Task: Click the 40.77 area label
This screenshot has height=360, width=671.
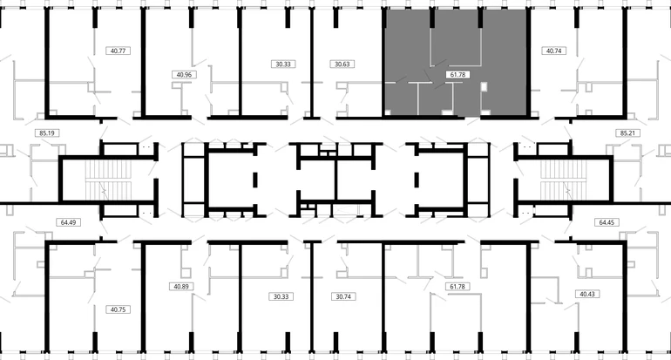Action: [119, 51]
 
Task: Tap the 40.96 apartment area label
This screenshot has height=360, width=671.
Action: [184, 74]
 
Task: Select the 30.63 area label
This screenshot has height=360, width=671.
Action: [342, 65]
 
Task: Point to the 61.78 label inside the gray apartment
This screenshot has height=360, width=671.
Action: [457, 74]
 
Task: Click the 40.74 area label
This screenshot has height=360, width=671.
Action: [553, 51]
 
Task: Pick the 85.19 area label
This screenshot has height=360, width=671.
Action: [47, 133]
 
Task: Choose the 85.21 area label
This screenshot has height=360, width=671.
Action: [627, 133]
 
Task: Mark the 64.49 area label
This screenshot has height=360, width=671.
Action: [69, 222]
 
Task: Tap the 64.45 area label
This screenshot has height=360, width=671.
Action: [607, 222]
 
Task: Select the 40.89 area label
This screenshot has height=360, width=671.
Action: [181, 287]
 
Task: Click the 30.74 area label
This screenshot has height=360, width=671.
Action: [343, 296]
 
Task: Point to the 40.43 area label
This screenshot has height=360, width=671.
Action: [587, 294]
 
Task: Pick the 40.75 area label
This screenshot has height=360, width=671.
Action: [119, 309]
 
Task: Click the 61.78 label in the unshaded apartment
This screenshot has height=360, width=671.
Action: [457, 287]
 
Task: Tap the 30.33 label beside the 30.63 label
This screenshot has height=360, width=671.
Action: [283, 65]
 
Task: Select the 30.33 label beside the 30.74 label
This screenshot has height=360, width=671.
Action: [281, 296]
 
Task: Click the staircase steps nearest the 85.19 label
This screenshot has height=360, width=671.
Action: [105, 180]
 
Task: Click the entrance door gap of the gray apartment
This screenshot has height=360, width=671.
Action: [472, 117]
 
